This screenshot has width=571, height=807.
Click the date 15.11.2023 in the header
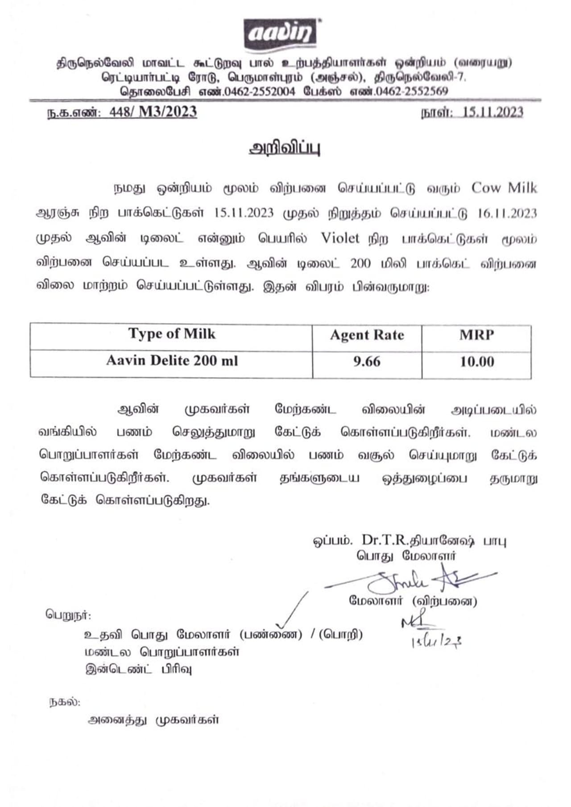point(492,112)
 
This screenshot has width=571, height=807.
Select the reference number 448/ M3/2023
point(153,111)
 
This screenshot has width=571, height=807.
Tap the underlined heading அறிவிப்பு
point(284,148)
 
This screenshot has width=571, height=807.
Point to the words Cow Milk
point(504,188)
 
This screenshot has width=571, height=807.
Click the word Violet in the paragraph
point(340,238)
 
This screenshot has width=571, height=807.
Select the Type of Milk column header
point(172,334)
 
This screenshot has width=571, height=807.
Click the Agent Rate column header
point(367,335)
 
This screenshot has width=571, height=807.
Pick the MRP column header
point(476,335)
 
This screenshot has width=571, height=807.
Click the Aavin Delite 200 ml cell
point(172,360)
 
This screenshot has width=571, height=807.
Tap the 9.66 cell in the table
point(367,361)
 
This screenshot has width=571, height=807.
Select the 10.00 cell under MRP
point(476,361)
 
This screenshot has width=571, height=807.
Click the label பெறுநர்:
point(68,615)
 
